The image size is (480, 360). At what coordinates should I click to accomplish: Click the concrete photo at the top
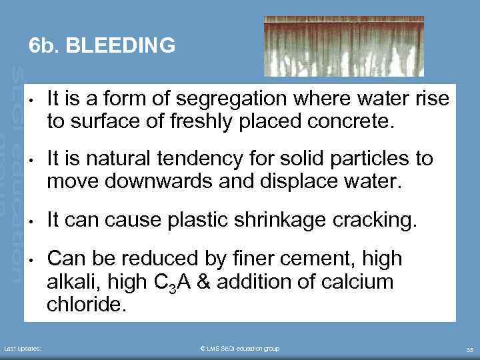point(343,45)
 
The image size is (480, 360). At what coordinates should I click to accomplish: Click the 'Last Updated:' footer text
point(23,349)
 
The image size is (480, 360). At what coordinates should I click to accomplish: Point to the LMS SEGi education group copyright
point(239,349)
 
